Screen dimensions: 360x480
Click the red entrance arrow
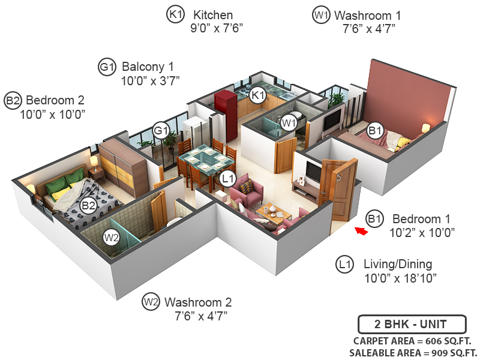pyautogui.click(x=361, y=230)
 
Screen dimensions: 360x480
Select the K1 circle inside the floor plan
pyautogui.click(x=258, y=95)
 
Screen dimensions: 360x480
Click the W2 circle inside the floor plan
pyautogui.click(x=111, y=237)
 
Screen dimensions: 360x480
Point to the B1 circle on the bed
pyautogui.click(x=375, y=130)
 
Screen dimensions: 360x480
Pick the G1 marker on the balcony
pyautogui.click(x=160, y=130)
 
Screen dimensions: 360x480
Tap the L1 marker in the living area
pyautogui.click(x=227, y=178)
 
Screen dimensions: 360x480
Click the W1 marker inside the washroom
pyautogui.click(x=289, y=123)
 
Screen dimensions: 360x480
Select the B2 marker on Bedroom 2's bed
pyautogui.click(x=89, y=206)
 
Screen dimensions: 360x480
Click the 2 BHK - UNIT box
pyautogui.click(x=411, y=325)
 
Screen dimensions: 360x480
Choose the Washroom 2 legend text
pyautogui.click(x=198, y=302)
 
